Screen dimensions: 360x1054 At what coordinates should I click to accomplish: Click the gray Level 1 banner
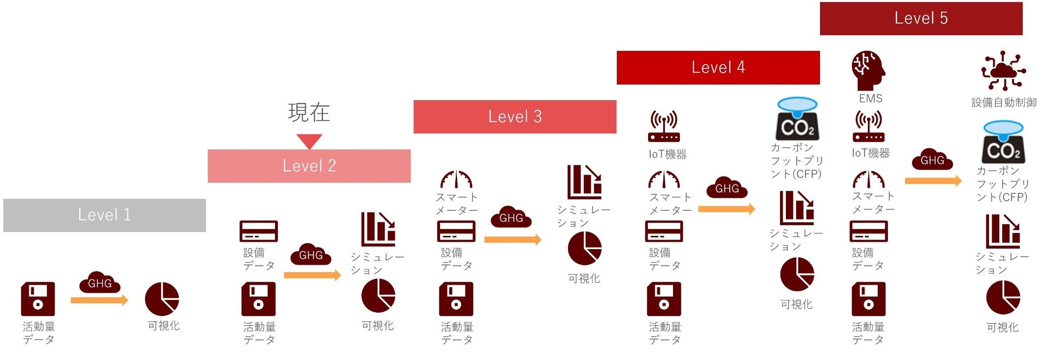coord(104,215)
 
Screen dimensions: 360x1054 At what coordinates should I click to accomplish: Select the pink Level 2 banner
coord(309,166)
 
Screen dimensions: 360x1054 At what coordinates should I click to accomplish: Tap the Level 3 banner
coord(515,117)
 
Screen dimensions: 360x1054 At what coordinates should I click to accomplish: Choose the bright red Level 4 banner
coord(718,68)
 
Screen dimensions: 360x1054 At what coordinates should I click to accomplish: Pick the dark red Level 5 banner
coord(920,18)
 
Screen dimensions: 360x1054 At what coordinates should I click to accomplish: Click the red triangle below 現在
coord(309,141)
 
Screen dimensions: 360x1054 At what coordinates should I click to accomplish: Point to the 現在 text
coord(309,112)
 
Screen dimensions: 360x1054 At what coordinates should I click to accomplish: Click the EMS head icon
coord(868,71)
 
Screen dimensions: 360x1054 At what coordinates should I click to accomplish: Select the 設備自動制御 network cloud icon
coord(1003,71)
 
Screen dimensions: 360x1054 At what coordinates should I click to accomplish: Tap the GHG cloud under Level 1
coord(100,282)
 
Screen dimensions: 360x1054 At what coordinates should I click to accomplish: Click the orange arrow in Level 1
coord(99,300)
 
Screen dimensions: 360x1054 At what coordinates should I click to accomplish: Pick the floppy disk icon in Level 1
coord(38,299)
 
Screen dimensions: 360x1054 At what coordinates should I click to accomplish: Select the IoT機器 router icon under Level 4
coord(664,126)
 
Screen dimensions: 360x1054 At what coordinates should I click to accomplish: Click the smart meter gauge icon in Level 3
coord(456,179)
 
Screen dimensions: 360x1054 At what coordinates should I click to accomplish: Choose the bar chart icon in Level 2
coord(378,229)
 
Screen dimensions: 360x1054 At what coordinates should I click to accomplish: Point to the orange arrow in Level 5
coord(933,181)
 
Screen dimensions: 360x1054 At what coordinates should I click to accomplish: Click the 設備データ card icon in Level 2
coord(258,231)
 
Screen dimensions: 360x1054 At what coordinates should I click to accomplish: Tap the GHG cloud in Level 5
coord(932,159)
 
